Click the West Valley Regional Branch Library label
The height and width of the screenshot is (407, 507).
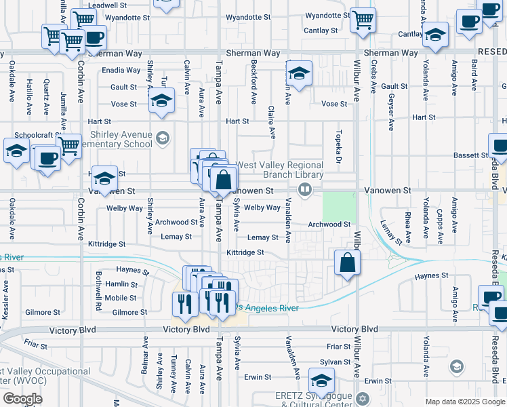(279, 170)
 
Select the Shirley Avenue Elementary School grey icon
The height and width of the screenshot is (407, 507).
(162, 138)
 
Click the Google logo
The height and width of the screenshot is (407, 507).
(22, 399)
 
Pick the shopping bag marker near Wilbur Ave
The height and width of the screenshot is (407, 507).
(347, 263)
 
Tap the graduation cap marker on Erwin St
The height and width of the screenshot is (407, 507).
(321, 381)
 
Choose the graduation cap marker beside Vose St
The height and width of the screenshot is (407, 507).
(161, 101)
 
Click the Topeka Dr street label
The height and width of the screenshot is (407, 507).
(337, 145)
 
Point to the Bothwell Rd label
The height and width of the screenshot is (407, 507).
(98, 292)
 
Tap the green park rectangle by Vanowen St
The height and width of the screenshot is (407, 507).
(338, 206)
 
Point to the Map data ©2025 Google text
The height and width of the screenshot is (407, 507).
(464, 401)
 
